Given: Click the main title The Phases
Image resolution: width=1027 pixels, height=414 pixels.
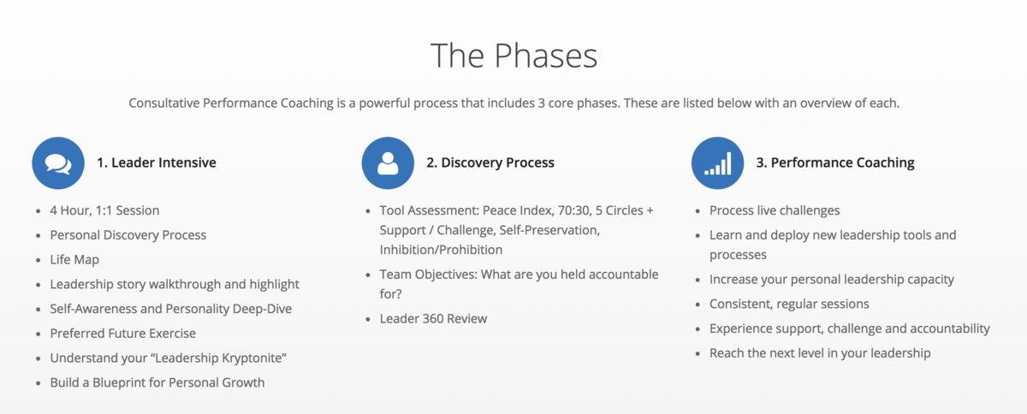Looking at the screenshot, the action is pos(514,56).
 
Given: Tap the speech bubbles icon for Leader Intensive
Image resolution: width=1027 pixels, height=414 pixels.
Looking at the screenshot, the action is pos(58,163).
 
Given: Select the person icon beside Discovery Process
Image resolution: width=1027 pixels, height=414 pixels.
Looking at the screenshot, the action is pos(388,163).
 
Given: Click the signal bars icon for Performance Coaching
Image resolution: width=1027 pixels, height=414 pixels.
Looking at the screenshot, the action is pos(717,163).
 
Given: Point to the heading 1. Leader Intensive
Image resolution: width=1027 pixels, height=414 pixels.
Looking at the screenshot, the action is pos(157,163).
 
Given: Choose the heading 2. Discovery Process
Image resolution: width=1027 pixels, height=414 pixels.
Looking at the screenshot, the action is pos(490,163).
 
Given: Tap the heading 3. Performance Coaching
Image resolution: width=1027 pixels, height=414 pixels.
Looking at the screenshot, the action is pos(835,163).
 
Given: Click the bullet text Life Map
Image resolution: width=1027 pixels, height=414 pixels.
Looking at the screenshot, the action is pos(74,259).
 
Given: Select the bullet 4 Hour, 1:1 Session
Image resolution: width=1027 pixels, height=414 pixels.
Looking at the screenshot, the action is pos(104,210).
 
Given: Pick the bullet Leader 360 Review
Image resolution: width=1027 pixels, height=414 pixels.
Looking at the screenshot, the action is pos(433,319).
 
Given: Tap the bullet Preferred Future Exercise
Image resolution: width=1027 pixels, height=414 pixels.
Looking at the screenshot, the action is pos(123,334).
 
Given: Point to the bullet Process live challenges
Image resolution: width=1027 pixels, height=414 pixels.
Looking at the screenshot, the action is pos(775,210).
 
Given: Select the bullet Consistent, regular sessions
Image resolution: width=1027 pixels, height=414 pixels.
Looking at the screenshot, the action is pos(789,304).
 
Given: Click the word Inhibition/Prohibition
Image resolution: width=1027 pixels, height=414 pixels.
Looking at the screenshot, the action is pos(441,250).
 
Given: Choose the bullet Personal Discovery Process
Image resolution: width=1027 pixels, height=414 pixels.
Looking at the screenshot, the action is pos(128,235).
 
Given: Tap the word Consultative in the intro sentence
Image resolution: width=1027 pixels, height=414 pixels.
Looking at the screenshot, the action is pos(164,103).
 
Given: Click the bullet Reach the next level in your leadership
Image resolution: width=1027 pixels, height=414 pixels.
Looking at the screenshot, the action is pos(820,353).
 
